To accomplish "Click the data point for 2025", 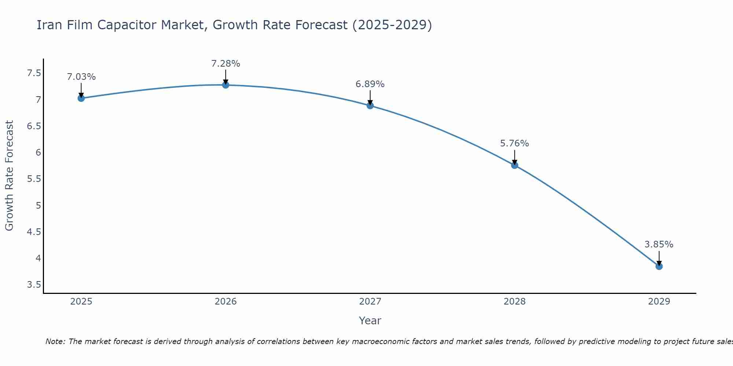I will click(81, 98).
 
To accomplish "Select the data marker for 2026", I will click(226, 85).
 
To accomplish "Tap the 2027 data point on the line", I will click(370, 106).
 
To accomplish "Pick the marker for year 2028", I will click(515, 165).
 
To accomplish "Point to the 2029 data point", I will click(659, 266).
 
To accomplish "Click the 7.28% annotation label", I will click(226, 64).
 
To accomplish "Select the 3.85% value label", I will click(659, 244).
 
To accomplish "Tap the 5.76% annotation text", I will click(515, 143).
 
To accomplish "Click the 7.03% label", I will click(81, 77).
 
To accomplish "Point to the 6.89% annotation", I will click(370, 84).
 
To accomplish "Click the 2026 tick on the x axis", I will click(226, 302).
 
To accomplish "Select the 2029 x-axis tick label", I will click(659, 302).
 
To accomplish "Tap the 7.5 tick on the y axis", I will click(34, 73).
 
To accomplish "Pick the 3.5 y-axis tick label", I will click(34, 285).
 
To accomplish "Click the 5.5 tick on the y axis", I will click(34, 179).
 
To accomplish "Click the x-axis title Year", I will click(370, 321).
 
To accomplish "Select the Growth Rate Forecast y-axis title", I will click(9, 176).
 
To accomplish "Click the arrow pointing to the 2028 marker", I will click(515, 157).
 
